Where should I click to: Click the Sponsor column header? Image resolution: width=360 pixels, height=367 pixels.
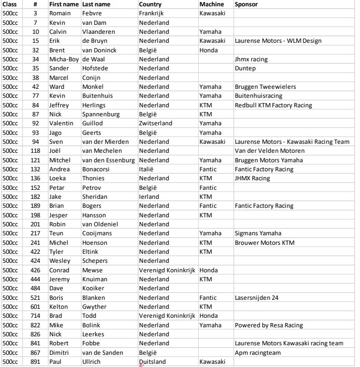[247, 4]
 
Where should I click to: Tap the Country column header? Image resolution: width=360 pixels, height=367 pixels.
[150, 4]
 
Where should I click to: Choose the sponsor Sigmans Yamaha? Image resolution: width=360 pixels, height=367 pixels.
[258, 233]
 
